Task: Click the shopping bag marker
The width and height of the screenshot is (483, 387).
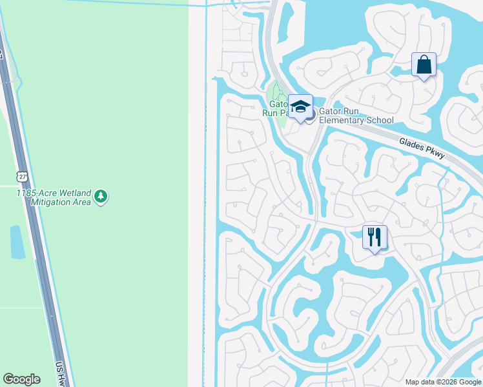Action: (x=424, y=65)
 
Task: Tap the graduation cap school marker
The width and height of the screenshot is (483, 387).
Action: (x=300, y=107)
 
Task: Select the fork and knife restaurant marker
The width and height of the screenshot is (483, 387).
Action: (x=375, y=237)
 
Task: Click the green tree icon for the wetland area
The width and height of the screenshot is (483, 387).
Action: (x=100, y=196)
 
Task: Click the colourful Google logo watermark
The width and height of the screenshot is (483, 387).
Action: (x=21, y=379)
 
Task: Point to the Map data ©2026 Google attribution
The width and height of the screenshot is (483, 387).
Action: (x=443, y=382)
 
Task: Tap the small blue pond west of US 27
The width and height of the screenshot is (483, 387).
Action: (x=17, y=242)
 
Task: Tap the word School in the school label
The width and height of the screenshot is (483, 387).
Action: (x=379, y=120)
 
